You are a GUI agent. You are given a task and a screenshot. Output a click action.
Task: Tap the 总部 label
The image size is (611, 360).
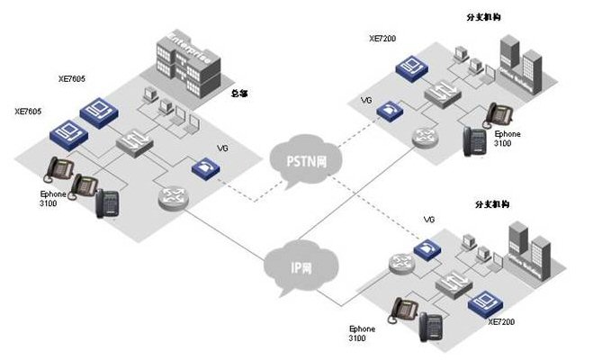[x=240, y=93]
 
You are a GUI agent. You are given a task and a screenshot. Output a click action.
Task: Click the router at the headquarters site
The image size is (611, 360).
[x=172, y=198]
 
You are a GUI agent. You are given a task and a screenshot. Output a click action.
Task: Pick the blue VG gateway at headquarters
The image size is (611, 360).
[x=203, y=167]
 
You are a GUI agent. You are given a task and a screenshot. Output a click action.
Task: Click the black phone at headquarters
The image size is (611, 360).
[x=108, y=204]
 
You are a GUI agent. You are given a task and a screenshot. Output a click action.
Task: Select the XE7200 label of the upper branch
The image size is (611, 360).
[x=382, y=40]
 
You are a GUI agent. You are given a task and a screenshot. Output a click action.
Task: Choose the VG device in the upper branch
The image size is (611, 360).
[x=389, y=109]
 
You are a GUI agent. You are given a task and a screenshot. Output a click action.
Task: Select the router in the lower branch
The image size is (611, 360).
[x=402, y=263]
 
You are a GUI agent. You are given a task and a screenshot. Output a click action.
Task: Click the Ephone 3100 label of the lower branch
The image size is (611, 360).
[x=363, y=334]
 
